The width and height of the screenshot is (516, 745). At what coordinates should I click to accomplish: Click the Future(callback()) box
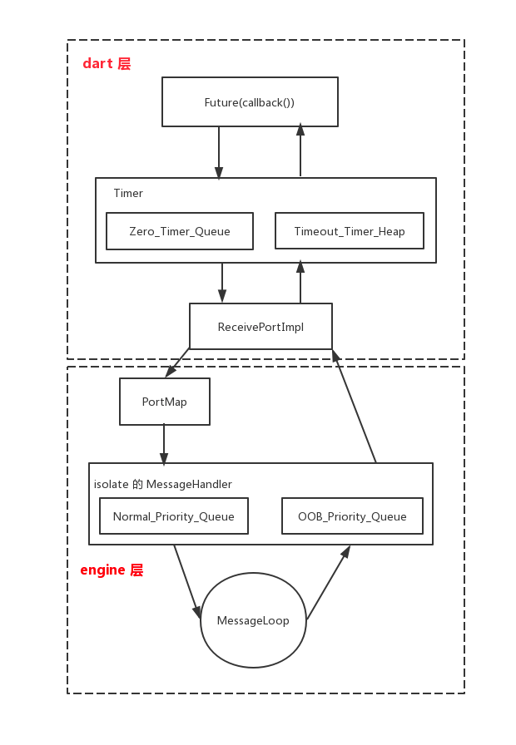pos(251,101)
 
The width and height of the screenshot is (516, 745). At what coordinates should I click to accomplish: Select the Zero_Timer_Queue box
pos(180,231)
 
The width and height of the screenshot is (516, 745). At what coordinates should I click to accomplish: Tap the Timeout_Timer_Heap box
pos(350,231)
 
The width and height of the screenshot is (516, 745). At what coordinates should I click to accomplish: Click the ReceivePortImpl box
pos(260,327)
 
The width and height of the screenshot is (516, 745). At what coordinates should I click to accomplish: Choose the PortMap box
pos(165,402)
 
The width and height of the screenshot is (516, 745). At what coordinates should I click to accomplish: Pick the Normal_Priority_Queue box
pos(174,516)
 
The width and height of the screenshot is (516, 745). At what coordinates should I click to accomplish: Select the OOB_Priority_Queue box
pos(352,516)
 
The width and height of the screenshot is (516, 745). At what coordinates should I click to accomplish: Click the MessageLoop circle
pos(253,620)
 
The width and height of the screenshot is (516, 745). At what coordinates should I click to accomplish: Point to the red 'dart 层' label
pos(107,63)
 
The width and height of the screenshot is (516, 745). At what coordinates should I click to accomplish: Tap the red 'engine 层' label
pos(112,570)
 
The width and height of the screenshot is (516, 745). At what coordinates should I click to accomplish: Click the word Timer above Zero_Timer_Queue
pos(128,193)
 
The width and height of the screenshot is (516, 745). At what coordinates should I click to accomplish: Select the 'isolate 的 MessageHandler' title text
pos(162,484)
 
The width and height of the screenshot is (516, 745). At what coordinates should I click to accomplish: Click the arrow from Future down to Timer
pos(219,152)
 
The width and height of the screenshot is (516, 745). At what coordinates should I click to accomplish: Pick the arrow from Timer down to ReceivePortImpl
pos(222,283)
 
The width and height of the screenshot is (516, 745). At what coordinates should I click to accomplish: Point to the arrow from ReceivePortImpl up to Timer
pos(300,281)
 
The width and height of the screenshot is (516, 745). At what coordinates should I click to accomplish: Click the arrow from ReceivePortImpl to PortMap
pos(177,363)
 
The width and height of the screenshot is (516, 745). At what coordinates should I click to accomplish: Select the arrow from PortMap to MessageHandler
pos(164,445)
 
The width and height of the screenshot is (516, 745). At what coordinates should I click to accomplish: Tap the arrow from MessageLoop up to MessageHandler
pos(329,583)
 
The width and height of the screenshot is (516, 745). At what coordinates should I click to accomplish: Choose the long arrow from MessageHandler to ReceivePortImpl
pos(355,407)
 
